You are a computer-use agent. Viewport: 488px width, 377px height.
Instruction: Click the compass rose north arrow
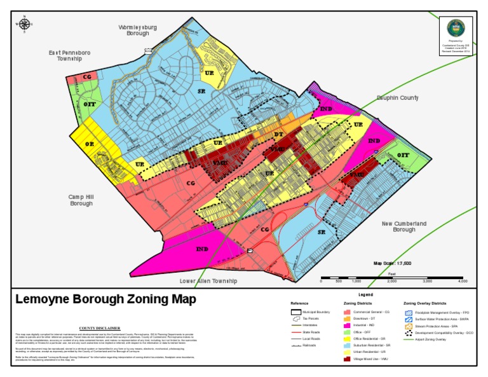point(25,24)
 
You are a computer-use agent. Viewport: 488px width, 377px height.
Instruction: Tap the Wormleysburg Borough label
point(138,31)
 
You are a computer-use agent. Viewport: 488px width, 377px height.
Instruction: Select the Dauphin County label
point(398,98)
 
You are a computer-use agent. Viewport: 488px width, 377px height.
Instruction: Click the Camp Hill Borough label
point(81,200)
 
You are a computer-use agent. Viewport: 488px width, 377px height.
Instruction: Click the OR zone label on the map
point(90,144)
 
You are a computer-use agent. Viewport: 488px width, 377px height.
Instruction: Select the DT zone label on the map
point(278,135)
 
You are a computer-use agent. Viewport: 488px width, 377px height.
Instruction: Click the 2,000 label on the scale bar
point(392,280)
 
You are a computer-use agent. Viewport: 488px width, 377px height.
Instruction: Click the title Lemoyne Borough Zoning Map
point(105,299)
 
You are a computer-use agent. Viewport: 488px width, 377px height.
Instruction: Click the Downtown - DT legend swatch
point(348,319)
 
